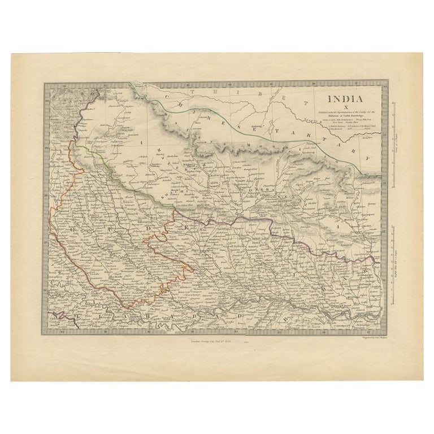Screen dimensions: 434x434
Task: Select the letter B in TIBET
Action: (x=250, y=94)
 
